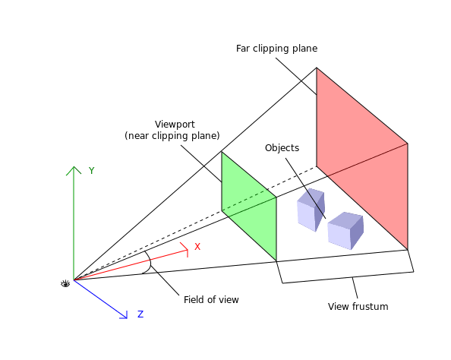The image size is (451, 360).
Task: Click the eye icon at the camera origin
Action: [x=65, y=284]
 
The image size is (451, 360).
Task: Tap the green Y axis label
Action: [x=91, y=171]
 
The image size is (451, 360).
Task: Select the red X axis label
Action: [x=197, y=247]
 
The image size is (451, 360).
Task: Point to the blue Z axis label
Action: [x=140, y=314]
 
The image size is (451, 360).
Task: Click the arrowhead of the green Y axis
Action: [x=74, y=170]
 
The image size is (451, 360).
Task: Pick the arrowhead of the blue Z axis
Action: [x=124, y=315]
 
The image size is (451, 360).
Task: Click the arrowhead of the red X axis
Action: [x=184, y=249]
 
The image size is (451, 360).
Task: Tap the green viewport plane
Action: [x=249, y=206]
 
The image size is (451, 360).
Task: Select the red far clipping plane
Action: [x=362, y=158]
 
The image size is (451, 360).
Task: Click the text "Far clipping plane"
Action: [x=276, y=49]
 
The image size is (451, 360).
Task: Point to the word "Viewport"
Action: [x=175, y=125]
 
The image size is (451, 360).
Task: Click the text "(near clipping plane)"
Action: [x=172, y=135]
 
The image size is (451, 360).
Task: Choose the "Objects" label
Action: [x=282, y=148]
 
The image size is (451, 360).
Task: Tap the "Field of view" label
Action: [x=211, y=300]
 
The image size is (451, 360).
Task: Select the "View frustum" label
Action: [x=358, y=307]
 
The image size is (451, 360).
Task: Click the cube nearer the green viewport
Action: [x=311, y=210]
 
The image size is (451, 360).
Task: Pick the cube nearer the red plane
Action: [x=345, y=231]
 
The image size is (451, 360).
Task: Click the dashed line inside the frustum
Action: [x=195, y=223]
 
